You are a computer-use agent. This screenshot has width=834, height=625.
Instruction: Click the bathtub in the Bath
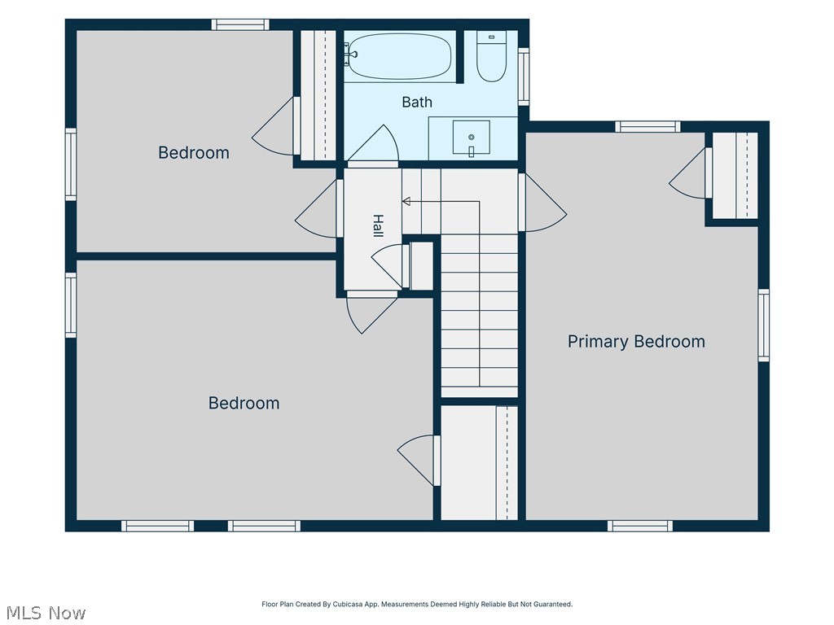tap(399, 56)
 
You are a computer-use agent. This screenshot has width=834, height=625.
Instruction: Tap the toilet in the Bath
tap(491, 56)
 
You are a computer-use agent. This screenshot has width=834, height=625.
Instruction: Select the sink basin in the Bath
tap(472, 137)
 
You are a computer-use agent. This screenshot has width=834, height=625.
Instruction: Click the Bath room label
tap(417, 102)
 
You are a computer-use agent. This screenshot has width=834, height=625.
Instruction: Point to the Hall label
tap(378, 226)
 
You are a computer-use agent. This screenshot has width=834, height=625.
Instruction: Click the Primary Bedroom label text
tap(636, 341)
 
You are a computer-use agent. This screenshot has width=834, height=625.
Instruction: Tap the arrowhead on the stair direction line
tap(406, 202)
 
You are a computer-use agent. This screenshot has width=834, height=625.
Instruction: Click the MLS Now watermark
tap(46, 613)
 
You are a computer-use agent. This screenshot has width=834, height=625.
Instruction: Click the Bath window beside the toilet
tap(524, 76)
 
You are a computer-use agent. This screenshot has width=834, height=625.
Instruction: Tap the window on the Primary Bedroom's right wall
tap(764, 326)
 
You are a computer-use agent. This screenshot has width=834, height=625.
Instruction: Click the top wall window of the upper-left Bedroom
tap(240, 24)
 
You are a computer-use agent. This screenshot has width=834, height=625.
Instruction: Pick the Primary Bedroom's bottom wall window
tap(640, 526)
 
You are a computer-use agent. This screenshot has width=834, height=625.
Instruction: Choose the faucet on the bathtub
tap(350, 55)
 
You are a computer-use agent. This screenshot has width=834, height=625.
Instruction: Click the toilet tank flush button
tap(491, 37)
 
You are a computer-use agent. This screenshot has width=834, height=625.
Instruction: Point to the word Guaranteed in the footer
tap(553, 605)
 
